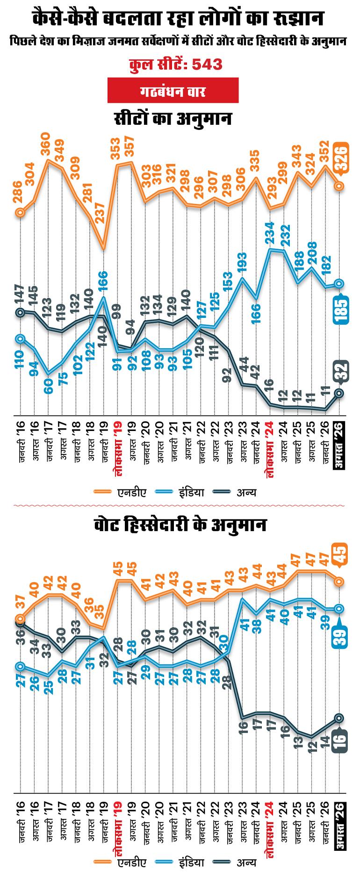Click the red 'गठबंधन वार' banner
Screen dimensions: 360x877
click(173, 90)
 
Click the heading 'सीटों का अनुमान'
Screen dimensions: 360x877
click(173, 118)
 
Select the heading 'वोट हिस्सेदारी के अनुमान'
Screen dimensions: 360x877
click(180, 525)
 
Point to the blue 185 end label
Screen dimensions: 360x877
click(341, 309)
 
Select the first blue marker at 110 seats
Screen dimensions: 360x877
click(20, 338)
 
